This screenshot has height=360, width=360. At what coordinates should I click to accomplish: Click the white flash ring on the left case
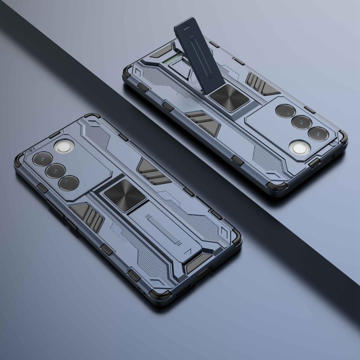[x=62, y=146]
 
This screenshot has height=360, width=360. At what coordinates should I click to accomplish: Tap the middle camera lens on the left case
[x=56, y=170]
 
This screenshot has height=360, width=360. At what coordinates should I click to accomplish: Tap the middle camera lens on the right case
[x=302, y=122]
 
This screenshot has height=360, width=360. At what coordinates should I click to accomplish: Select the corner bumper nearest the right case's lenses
[x=342, y=138]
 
